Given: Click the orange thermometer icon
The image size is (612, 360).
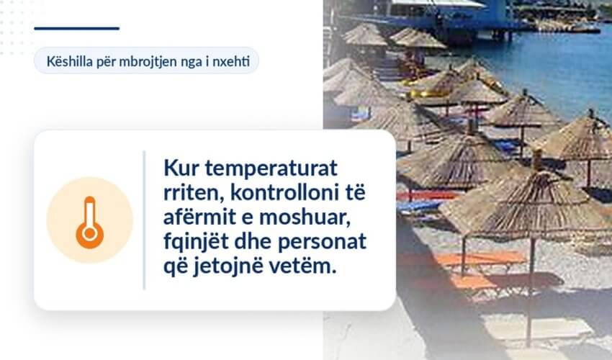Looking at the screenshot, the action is coord(90,222).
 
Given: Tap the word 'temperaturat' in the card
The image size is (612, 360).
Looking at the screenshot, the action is coord(271,168).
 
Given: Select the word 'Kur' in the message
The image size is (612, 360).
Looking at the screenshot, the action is coord(181,168).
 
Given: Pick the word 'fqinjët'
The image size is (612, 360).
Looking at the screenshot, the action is coord(196,242).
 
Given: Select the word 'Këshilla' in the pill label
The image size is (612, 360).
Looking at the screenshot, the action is coord(68,61).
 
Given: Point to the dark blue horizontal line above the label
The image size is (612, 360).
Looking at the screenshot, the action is coord(77,28).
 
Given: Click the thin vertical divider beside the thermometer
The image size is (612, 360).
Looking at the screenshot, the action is coord(144,220).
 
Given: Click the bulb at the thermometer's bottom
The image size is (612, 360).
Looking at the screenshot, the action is coord(90,234).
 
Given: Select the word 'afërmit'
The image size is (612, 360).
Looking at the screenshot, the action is coord(199,217).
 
